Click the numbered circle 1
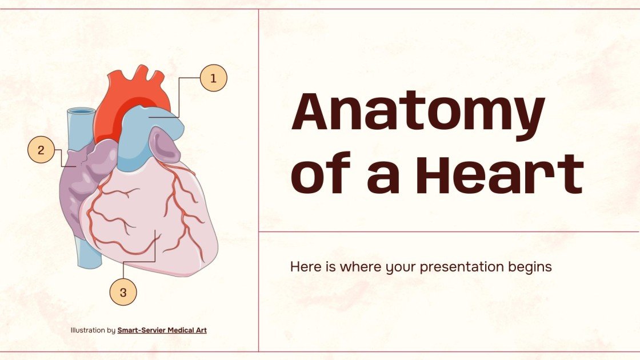[214, 78]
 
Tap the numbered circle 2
[41, 151]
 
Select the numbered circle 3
[123, 293]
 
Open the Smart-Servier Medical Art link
[162, 330]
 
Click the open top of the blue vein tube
[81, 111]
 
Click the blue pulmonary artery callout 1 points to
[154, 120]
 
